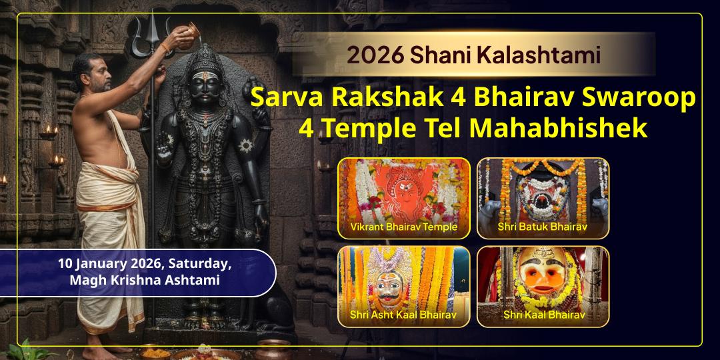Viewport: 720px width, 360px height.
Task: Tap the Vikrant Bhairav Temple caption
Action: pos(403,227)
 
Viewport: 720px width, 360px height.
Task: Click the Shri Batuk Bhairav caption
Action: pos(542,227)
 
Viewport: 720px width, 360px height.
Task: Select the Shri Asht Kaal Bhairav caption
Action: pos(403,315)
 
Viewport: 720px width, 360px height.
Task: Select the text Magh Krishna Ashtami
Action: pos(144,281)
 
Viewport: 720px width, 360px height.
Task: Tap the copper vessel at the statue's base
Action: pos(275,349)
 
